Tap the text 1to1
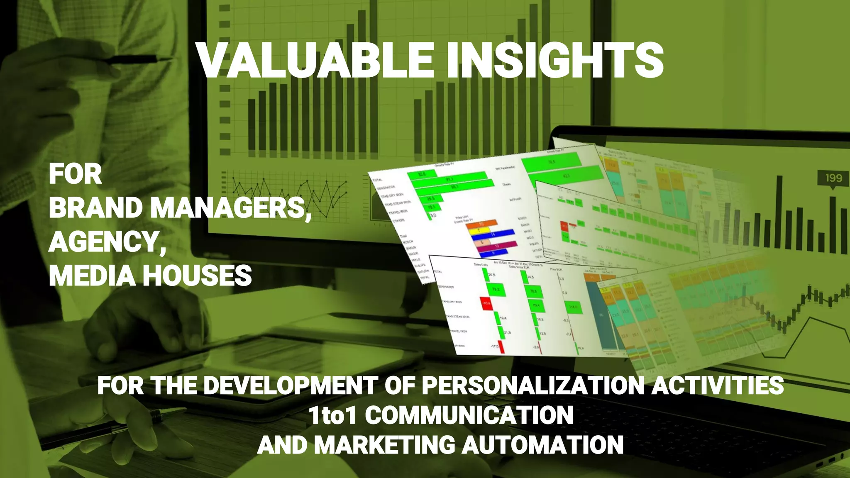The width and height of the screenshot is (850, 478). [x=332, y=415]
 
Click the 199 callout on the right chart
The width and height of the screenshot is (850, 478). [x=833, y=178]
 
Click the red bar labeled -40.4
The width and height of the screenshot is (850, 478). [x=486, y=303]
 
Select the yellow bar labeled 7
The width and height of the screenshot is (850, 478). [x=480, y=230]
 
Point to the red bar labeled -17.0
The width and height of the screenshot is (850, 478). [x=501, y=347]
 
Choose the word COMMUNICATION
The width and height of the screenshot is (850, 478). [x=469, y=415]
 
